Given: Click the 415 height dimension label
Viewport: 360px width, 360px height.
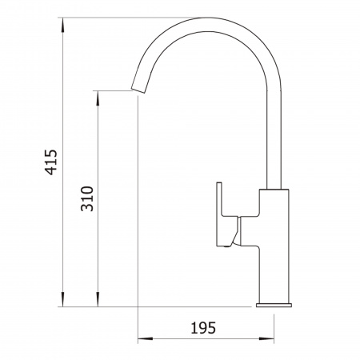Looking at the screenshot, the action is click(50, 162).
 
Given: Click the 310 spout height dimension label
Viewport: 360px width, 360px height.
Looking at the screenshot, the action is click(87, 198).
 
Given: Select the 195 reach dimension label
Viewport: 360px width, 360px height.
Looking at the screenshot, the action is click(203, 328).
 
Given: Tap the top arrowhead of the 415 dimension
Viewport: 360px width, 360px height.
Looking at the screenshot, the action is click(62, 26).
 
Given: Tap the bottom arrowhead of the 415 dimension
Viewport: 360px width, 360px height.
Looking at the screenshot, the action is click(62, 299).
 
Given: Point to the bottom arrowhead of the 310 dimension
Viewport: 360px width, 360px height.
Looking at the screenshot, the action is click(98, 299).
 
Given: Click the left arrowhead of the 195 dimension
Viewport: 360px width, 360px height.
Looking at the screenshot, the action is click(146, 338).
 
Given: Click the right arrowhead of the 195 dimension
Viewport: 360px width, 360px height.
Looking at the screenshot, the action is click(266, 338).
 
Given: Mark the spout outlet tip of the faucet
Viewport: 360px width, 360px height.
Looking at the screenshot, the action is click(138, 90).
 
